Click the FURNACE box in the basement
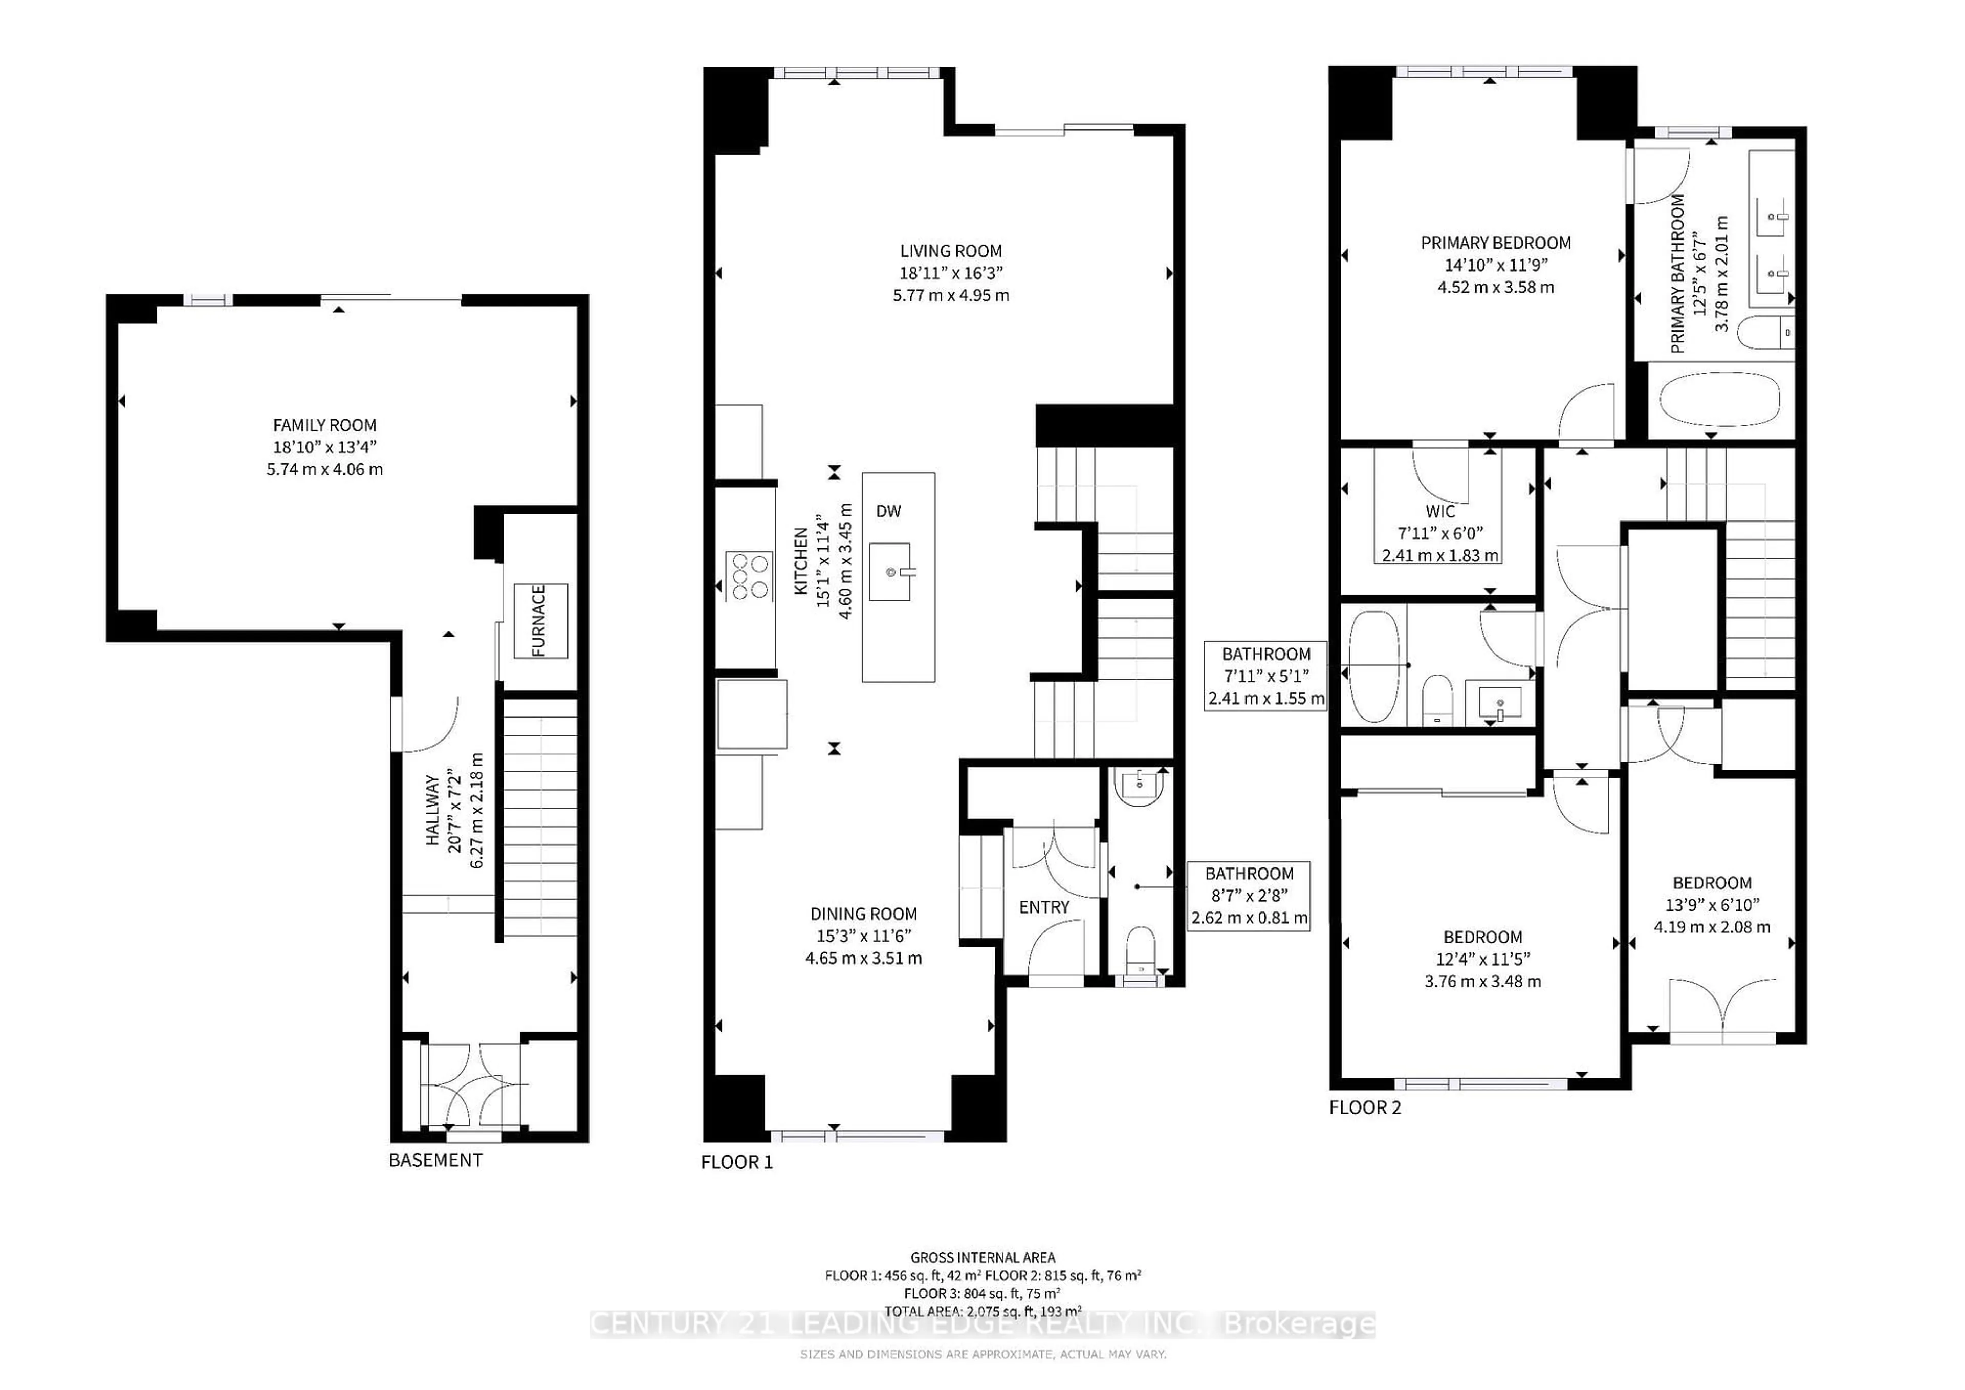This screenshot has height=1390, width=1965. click(x=540, y=620)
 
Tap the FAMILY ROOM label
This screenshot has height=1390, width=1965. click(x=324, y=425)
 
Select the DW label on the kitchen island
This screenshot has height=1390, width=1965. click(x=888, y=511)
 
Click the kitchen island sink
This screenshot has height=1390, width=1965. click(x=890, y=572)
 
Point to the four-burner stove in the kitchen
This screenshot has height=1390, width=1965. click(x=749, y=576)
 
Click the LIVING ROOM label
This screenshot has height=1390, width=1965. click(x=950, y=251)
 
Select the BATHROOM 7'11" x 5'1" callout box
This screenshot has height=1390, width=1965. click(x=1266, y=676)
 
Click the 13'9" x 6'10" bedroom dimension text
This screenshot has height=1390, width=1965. click(x=1712, y=905)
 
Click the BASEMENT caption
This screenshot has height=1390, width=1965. click(x=435, y=1160)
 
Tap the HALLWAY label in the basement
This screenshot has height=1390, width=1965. click(x=433, y=811)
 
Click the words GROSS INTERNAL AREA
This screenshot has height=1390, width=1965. click(x=982, y=1257)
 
